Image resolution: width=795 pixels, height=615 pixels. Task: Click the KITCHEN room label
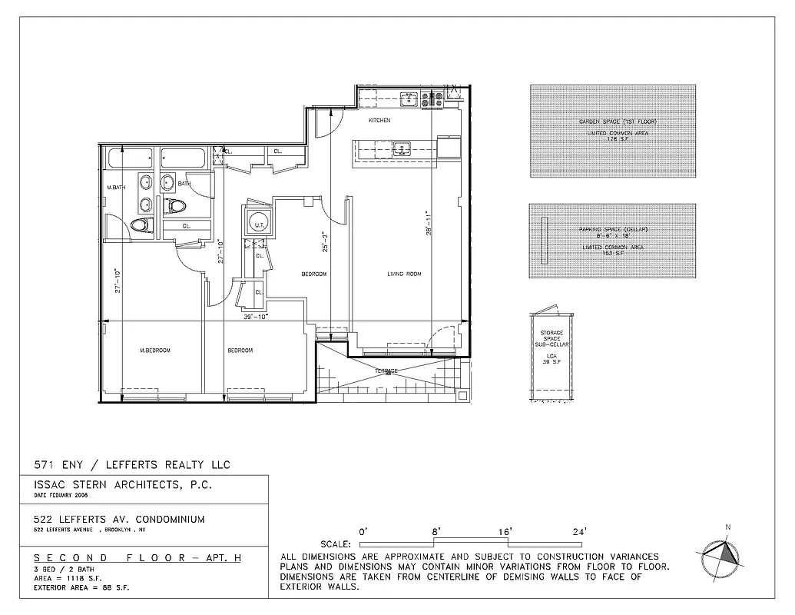379,121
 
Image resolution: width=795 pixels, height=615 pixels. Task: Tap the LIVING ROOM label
403,274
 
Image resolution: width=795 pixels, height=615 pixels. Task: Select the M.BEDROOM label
154,351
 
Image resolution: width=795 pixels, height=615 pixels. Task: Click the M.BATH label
116,188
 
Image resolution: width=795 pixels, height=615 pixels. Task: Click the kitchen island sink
400,148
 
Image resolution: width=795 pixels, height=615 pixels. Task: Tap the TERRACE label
386,371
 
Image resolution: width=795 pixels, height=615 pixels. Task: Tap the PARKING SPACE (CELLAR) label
613,230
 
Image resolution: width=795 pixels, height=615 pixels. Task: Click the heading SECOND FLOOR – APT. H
137,557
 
